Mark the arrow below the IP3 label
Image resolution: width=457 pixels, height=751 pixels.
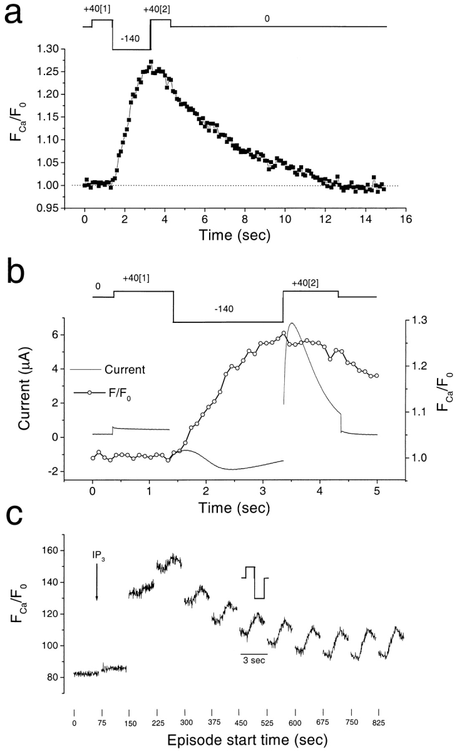96,582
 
